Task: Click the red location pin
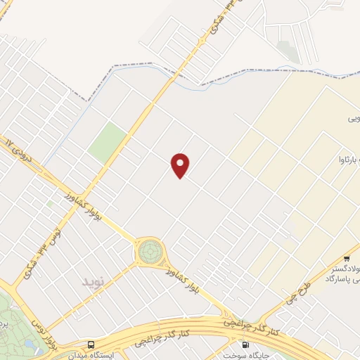(181, 165)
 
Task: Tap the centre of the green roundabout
(150, 250)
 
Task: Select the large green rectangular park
(107, 142)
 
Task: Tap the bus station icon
(91, 345)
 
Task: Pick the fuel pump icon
(244, 345)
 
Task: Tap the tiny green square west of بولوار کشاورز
(49, 205)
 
